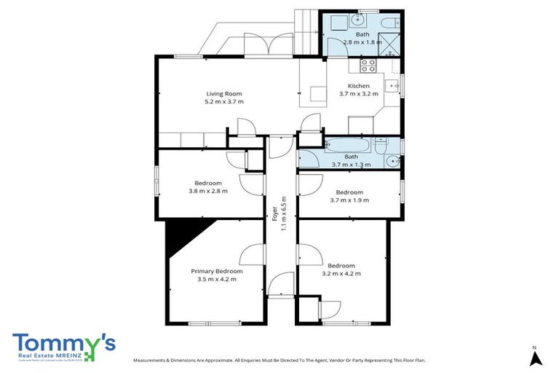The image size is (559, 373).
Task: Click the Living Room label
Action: pyautogui.click(x=223, y=93)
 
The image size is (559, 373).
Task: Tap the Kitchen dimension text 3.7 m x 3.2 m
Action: pyautogui.click(x=359, y=94)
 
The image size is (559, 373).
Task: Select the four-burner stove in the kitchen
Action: pyautogui.click(x=368, y=65)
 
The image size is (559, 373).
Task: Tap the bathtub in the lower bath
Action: pyautogui.click(x=348, y=145)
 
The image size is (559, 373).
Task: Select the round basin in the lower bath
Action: pyautogui.click(x=392, y=161)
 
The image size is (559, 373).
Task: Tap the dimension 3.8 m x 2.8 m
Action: pyautogui.click(x=208, y=192)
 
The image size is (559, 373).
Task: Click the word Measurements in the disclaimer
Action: pyautogui.click(x=151, y=360)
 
